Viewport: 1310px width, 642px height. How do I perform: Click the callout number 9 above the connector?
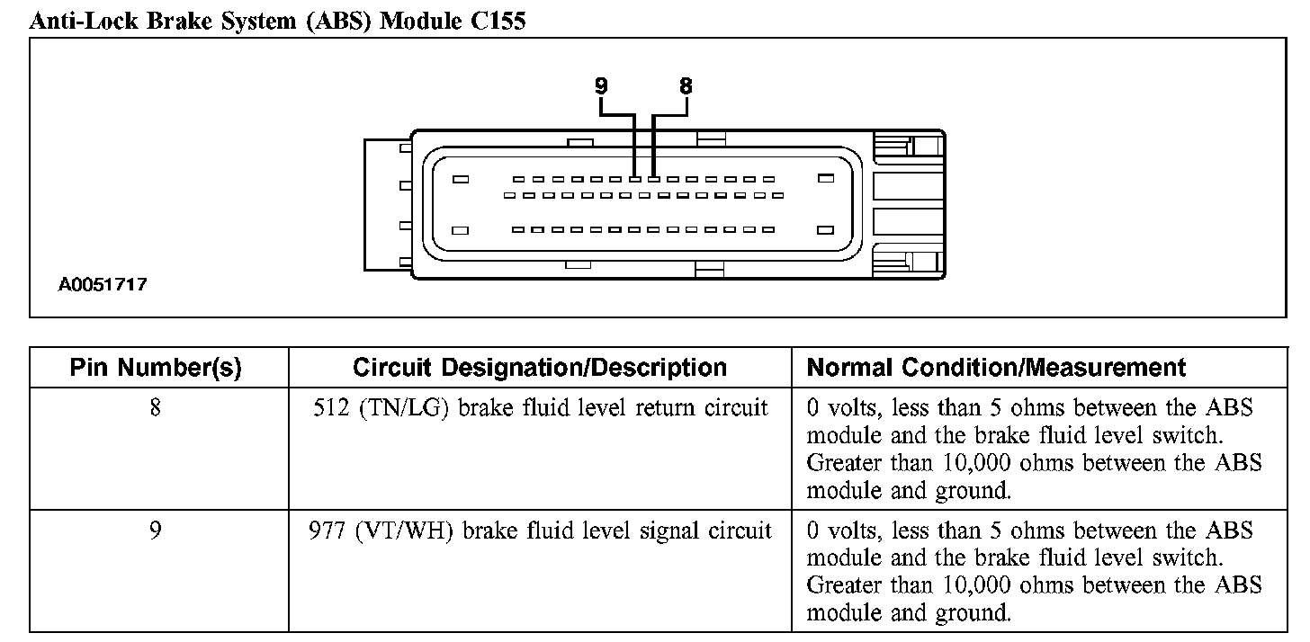coord(601,86)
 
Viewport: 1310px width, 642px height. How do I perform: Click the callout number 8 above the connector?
coord(686,86)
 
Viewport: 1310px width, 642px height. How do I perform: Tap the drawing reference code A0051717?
coord(103,285)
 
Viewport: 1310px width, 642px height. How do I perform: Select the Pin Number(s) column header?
coord(156,368)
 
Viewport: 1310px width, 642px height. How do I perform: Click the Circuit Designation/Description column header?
coord(540,368)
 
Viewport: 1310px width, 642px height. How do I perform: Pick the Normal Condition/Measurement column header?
coord(997,368)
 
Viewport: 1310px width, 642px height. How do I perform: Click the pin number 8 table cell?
coord(156,408)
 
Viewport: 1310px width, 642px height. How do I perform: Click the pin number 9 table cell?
coord(156,531)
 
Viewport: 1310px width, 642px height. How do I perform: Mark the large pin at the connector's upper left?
coord(461,179)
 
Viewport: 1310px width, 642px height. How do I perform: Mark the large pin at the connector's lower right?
coord(826,230)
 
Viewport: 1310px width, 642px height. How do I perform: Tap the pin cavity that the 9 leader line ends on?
coord(635,179)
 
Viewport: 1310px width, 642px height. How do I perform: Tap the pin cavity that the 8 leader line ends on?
coord(655,179)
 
